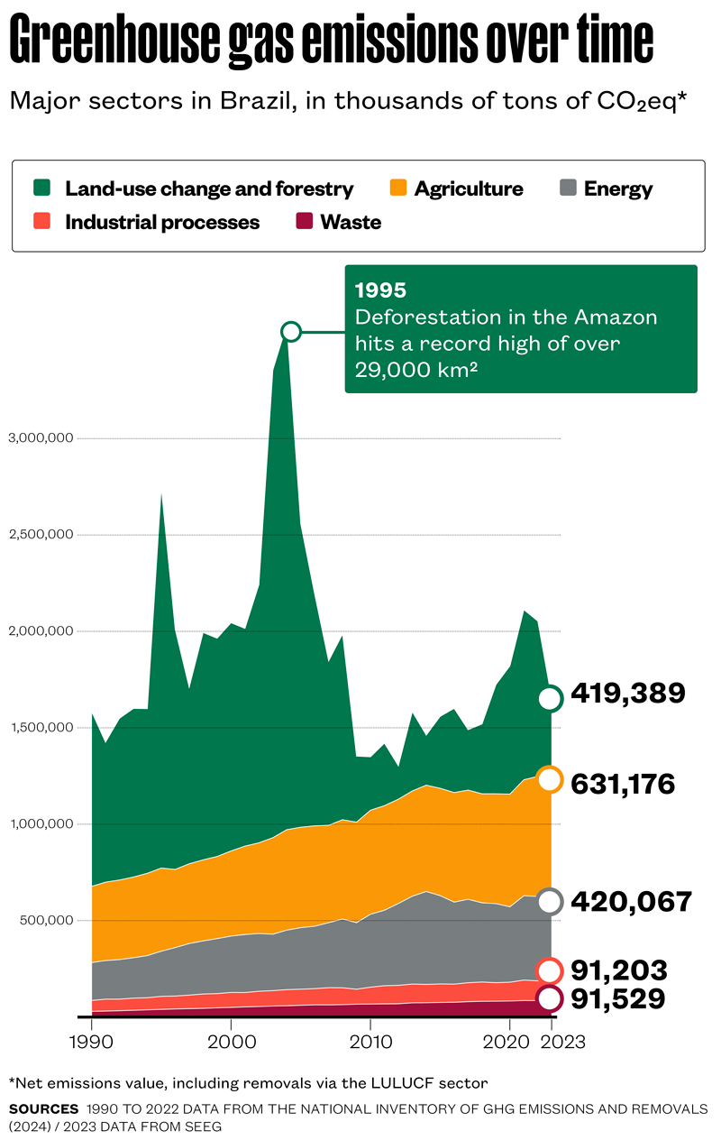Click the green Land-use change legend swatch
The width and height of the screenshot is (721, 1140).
[x=42, y=188]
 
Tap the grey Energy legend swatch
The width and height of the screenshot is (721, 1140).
[x=567, y=188]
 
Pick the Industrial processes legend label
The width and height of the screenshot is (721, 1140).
[x=162, y=222]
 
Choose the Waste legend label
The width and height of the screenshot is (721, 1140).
[x=351, y=222]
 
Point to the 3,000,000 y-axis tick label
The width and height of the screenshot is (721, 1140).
[x=40, y=438]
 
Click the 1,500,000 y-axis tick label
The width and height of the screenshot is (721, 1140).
[x=40, y=728]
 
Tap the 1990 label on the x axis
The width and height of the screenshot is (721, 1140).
[x=91, y=1042]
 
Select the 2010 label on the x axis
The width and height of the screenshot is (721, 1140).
[x=370, y=1042]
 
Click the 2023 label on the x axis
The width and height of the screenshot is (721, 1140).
[x=563, y=1042]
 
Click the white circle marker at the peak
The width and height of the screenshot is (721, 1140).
[x=290, y=332]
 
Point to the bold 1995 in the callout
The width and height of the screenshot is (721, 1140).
[x=380, y=290]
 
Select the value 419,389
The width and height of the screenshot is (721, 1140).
[x=628, y=693]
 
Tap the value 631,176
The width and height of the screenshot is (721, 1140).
[x=623, y=784]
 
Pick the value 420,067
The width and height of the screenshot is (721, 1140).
[x=631, y=901]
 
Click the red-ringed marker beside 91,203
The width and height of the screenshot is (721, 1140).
[x=551, y=970]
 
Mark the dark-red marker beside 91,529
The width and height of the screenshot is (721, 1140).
[x=551, y=998]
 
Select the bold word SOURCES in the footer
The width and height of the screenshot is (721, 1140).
[x=43, y=1108]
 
